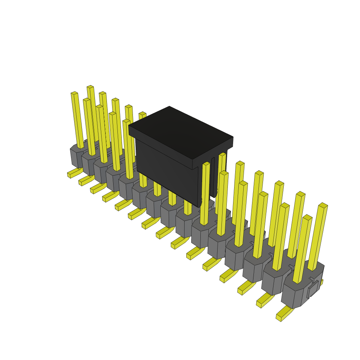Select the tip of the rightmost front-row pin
pyautogui.click(x=307, y=218)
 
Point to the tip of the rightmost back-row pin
pyautogui.click(x=323, y=205)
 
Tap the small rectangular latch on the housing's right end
pyautogui.click(x=313, y=289)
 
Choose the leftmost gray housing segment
pyautogui.click(x=75, y=156)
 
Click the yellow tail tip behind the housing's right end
pyautogui.click(x=321, y=282)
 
